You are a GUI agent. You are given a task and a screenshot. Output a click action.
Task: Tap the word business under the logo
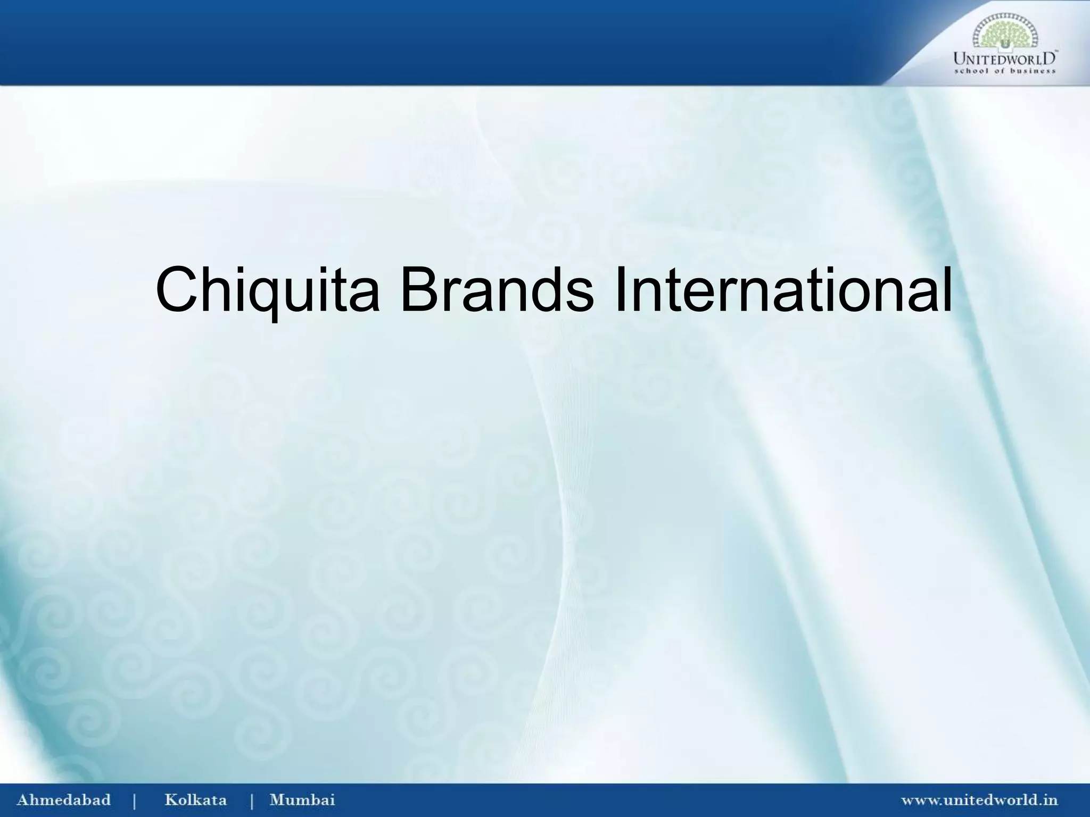coord(1034,71)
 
